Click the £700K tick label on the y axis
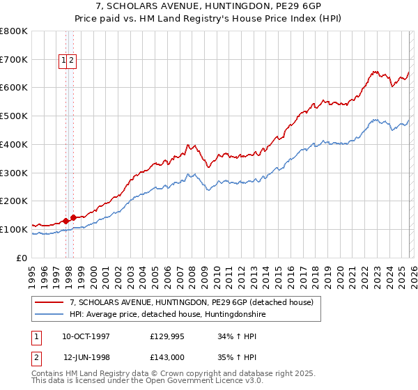pyautogui.click(x=14, y=60)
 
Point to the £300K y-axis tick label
pyautogui.click(x=14, y=173)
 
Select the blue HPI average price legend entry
pyautogui.click(x=167, y=315)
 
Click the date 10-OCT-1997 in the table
pyautogui.click(x=86, y=336)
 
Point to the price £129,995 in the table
pyautogui.click(x=167, y=336)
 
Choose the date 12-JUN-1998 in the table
pyautogui.click(x=86, y=357)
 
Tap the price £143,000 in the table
pyautogui.click(x=167, y=357)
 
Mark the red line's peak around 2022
pyautogui.click(x=374, y=70)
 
